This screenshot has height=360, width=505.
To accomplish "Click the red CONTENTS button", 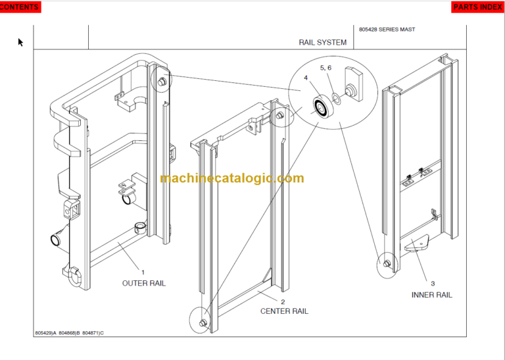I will pyautogui.click(x=20, y=7).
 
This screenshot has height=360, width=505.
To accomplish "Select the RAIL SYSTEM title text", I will pyautogui.click(x=322, y=43).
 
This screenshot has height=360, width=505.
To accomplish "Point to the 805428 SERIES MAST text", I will pyautogui.click(x=387, y=30).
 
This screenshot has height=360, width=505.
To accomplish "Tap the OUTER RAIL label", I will pyautogui.click(x=144, y=283).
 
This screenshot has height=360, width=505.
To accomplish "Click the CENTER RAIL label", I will pyautogui.click(x=284, y=311).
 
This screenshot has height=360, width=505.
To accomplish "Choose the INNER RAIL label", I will pyautogui.click(x=432, y=295).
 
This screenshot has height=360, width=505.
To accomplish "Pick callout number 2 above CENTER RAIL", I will pyautogui.click(x=283, y=301).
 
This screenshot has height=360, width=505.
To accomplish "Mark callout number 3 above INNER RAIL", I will pyautogui.click(x=432, y=284).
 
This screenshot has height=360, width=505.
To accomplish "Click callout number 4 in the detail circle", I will pyautogui.click(x=305, y=78).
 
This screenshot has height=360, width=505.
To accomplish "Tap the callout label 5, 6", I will pyautogui.click(x=326, y=68).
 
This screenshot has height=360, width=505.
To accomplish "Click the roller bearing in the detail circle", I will pyautogui.click(x=322, y=107).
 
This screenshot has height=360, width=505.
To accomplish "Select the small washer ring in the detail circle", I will pyautogui.click(x=336, y=98).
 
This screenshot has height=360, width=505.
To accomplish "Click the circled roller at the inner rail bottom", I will pyautogui.click(x=386, y=263).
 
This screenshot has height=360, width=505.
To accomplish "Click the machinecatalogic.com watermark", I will pyautogui.click(x=231, y=178).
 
